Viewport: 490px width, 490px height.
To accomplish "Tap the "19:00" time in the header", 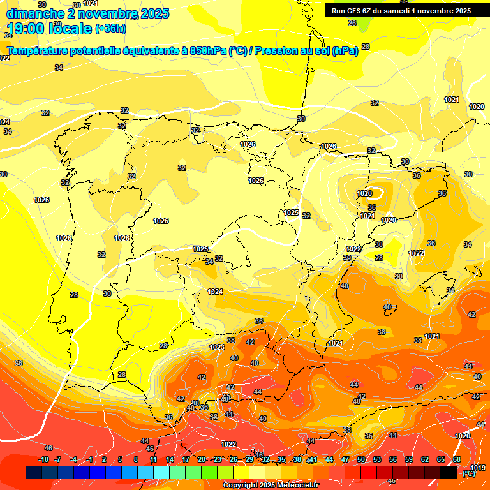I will (x=27, y=29).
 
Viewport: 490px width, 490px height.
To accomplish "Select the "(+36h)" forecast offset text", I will (x=110, y=29).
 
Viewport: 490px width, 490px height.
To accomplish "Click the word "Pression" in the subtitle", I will (x=276, y=51).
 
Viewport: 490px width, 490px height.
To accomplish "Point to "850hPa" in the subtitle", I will (x=207, y=51).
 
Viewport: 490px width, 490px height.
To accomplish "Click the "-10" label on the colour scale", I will (x=43, y=459).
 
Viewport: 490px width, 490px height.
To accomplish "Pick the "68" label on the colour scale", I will (x=457, y=459).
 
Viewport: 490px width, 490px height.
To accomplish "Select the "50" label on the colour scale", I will (x=361, y=459).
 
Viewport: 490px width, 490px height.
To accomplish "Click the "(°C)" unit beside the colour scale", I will (x=469, y=473).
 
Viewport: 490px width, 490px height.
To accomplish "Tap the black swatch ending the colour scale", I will (x=449, y=472).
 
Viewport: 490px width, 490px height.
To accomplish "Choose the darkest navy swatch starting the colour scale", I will (x=34, y=472).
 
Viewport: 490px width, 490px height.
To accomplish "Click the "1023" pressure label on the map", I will (x=217, y=347).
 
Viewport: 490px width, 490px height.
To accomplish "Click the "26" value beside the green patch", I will (x=352, y=23).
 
